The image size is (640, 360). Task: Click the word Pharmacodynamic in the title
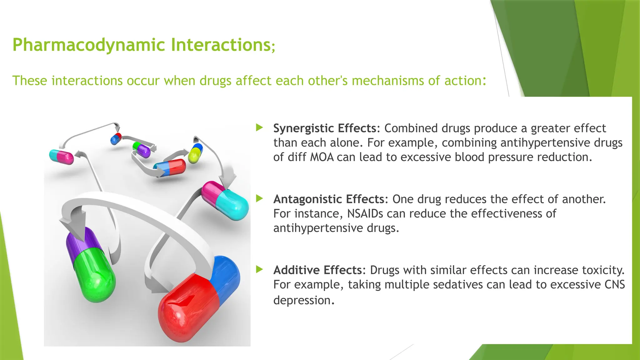pos(88,45)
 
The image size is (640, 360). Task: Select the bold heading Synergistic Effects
pos(325,128)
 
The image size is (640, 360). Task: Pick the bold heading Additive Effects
pos(317,270)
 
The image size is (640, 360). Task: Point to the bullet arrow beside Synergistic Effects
pos(259,127)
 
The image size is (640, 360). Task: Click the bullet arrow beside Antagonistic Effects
pos(259,198)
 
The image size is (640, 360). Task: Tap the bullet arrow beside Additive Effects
pos(259,269)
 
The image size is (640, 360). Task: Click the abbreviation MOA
pos(322,157)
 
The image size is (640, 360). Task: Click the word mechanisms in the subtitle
pos(388,81)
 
